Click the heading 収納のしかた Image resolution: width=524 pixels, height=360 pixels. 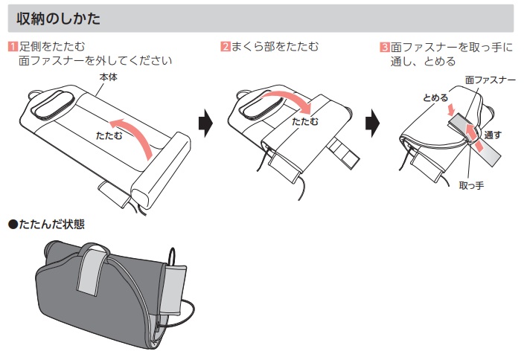[58, 16]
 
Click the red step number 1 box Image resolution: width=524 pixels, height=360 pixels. [12, 47]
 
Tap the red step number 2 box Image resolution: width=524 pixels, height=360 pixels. [226, 47]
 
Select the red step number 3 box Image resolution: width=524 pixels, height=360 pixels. [384, 47]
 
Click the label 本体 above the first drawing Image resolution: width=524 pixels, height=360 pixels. [109, 76]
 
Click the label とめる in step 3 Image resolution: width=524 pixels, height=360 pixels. [435, 98]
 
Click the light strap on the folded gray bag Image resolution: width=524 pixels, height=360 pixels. [89, 268]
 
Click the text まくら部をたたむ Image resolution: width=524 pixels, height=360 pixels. [275, 47]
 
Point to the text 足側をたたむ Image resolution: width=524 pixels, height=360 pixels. [51, 47]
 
